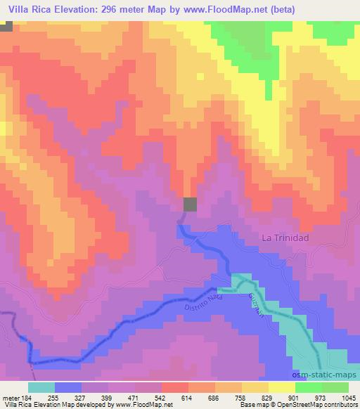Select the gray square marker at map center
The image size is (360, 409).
(x=190, y=204)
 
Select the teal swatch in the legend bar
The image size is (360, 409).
(x=41, y=387)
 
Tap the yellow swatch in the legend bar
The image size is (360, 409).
(x=281, y=387)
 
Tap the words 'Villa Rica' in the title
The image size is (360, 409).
(x=25, y=9)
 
